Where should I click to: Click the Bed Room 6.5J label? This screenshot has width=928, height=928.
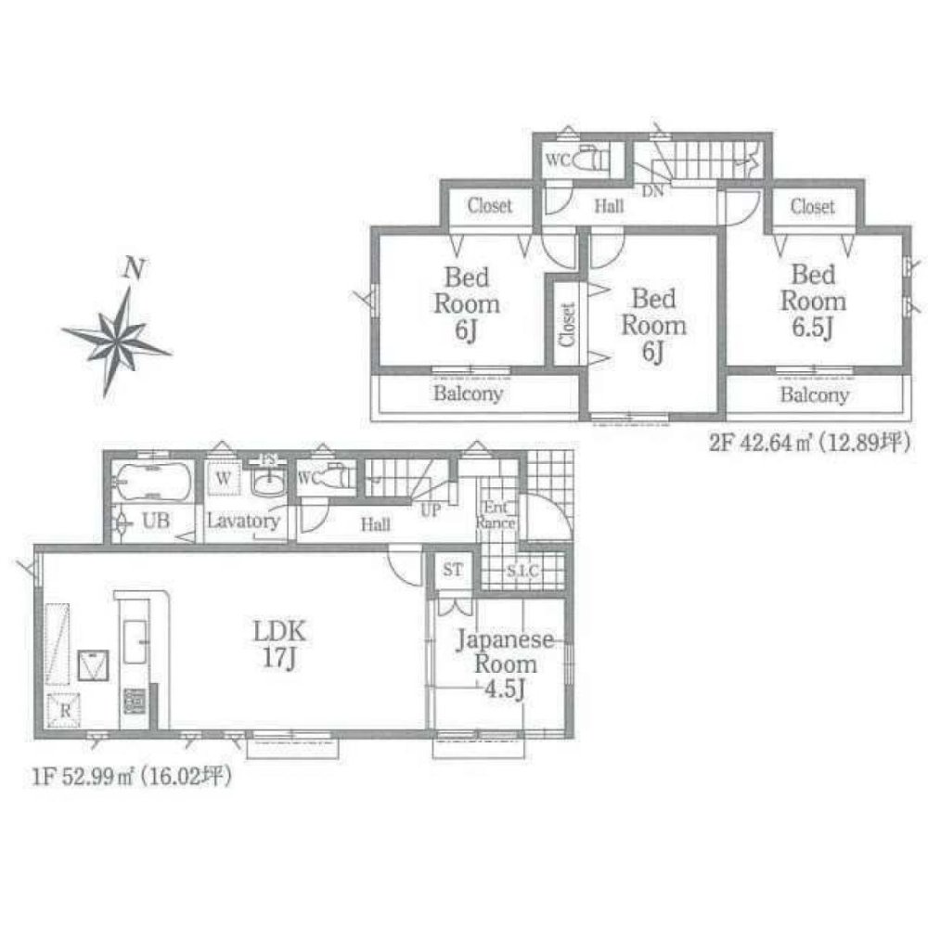tap(813, 301)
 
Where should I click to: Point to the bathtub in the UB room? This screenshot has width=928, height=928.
tap(152, 482)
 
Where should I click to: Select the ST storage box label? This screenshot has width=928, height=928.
tap(452, 570)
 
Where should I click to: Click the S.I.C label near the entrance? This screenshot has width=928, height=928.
tap(522, 570)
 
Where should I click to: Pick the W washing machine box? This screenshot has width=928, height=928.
tap(224, 479)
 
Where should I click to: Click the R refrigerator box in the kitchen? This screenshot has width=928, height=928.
tap(64, 710)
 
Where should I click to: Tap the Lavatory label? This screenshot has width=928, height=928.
tap(243, 522)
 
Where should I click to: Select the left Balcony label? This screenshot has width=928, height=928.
tap(469, 393)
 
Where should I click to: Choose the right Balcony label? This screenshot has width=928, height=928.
tap(814, 395)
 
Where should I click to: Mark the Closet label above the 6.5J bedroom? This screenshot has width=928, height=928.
tap(813, 206)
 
